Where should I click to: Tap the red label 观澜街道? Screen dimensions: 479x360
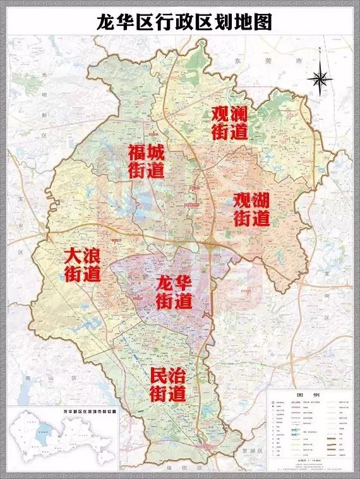point(230,123)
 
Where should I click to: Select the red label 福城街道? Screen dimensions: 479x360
point(146,162)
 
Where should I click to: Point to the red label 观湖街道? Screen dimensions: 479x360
point(252,210)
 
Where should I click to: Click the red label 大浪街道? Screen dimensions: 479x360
point(83,265)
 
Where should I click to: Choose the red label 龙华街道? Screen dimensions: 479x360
point(174,292)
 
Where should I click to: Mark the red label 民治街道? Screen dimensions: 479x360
point(168,384)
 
